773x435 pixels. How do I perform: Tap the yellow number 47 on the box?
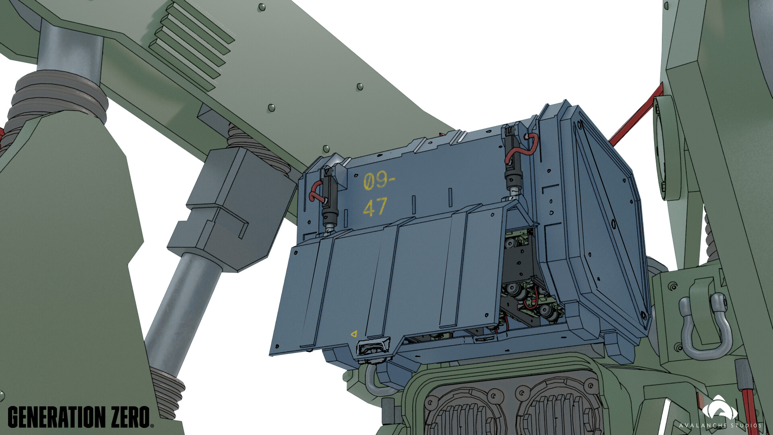[x=375, y=207]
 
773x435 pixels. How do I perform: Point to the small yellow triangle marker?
[x=354, y=333]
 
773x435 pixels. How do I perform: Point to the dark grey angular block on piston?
[x=234, y=205]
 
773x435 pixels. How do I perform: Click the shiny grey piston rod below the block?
[x=181, y=306]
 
